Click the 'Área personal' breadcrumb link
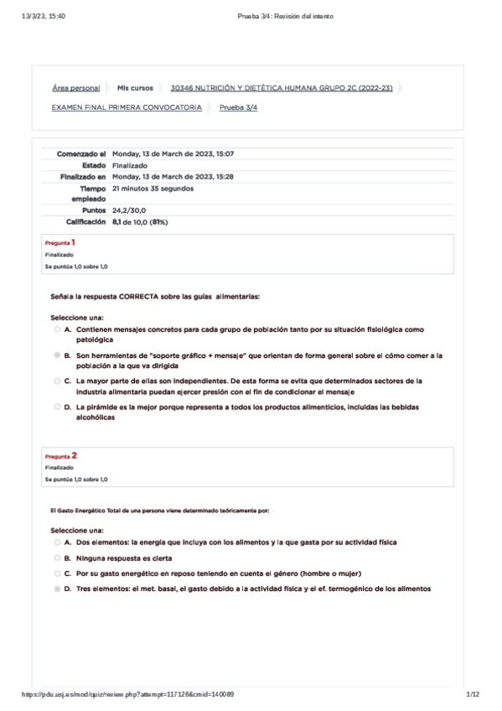click(x=75, y=88)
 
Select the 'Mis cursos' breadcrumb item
click(x=135, y=88)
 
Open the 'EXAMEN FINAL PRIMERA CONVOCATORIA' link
click(x=127, y=107)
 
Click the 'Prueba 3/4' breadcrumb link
click(x=238, y=107)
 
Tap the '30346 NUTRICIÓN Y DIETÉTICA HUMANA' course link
click(x=281, y=88)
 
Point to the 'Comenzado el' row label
click(x=81, y=154)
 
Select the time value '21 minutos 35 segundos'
click(x=153, y=189)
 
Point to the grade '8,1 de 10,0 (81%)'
click(x=140, y=222)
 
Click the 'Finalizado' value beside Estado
click(x=130, y=166)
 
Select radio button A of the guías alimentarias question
click(x=56, y=330)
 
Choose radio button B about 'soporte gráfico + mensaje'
click(x=56, y=355)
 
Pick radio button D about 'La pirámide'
click(x=56, y=407)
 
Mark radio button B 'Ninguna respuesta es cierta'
click(x=56, y=558)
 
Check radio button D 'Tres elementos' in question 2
click(x=56, y=589)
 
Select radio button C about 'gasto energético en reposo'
click(x=56, y=573)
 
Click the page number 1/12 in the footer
click(x=473, y=694)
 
